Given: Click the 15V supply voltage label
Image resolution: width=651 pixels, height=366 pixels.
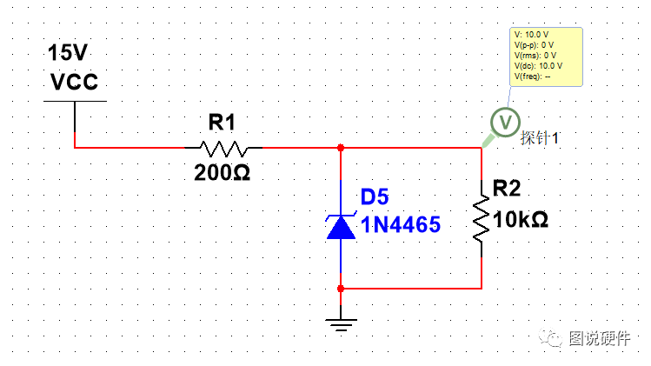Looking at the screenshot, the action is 68,53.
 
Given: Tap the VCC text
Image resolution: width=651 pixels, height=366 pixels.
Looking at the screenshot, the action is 75,82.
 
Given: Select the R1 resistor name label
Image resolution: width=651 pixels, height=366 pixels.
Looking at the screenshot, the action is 222,122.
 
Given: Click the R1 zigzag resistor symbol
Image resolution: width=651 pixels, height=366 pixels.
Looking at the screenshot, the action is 223,149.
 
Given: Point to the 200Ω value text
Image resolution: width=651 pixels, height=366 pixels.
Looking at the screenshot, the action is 223,172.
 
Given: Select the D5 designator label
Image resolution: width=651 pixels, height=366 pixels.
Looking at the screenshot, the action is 375,197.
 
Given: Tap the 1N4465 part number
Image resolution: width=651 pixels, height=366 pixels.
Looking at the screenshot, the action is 400,225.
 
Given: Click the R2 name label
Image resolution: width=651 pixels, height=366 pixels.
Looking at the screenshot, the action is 507,188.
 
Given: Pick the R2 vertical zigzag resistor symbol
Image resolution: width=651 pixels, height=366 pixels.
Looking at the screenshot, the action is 482,218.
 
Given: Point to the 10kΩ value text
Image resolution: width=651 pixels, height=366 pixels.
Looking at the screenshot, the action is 521,219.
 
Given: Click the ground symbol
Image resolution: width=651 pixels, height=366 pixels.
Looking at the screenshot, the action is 341,324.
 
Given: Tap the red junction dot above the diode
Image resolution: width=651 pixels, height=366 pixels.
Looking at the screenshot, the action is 341,148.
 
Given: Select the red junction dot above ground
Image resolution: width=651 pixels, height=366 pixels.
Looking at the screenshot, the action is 341,289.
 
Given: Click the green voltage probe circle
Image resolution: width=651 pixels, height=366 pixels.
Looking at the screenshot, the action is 505,122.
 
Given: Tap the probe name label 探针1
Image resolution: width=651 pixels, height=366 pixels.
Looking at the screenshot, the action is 540,138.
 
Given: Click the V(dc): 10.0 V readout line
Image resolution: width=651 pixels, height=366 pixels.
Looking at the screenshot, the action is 538,66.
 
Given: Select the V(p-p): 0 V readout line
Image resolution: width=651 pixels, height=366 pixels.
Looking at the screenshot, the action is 534,45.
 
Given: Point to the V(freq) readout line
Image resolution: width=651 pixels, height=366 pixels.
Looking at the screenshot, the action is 532,77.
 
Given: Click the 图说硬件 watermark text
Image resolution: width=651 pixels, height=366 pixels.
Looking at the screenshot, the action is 600,338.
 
